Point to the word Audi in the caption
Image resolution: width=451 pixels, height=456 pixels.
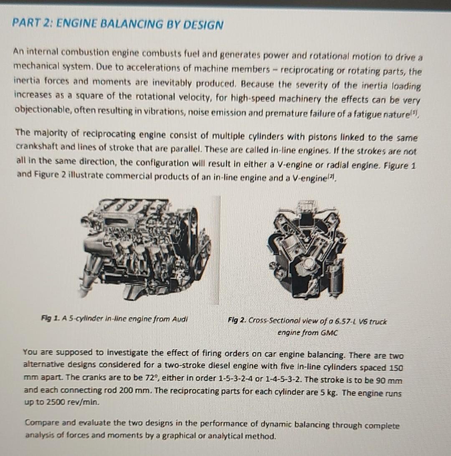click(x=180, y=319)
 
